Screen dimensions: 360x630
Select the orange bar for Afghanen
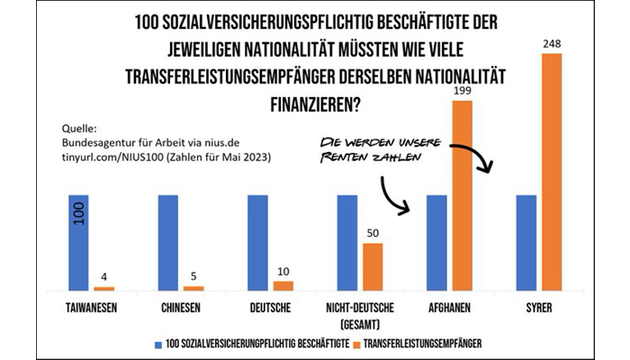pyautogui.click(x=463, y=195)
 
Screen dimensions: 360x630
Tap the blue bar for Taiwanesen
pyautogui.click(x=79, y=242)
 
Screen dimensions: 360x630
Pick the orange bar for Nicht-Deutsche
pyautogui.click(x=373, y=266)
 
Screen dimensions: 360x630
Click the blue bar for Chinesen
pyautogui.click(x=168, y=242)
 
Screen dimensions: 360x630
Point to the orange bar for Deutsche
pyautogui.click(x=283, y=285)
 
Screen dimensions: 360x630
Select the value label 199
pyautogui.click(x=463, y=92)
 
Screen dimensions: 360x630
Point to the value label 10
pyautogui.click(x=283, y=273)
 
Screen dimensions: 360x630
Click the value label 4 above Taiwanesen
pyautogui.click(x=104, y=278)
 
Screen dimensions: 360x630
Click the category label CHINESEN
pyautogui.click(x=181, y=308)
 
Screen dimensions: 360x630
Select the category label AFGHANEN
pyautogui.click(x=450, y=308)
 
